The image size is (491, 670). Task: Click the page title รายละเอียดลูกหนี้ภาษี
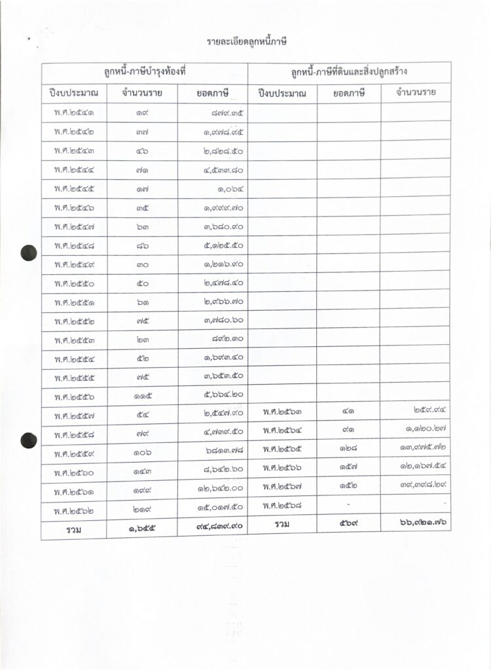coord(247,43)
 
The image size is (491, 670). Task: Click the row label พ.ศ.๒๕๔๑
coord(74,113)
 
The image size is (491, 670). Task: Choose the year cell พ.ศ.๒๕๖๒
coord(74,507)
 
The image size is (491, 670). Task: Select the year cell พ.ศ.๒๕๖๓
coord(282,414)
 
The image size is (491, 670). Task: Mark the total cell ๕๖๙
coord(348,525)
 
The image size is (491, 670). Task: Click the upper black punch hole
coord(28,252)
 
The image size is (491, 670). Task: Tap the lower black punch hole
coord(28,440)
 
